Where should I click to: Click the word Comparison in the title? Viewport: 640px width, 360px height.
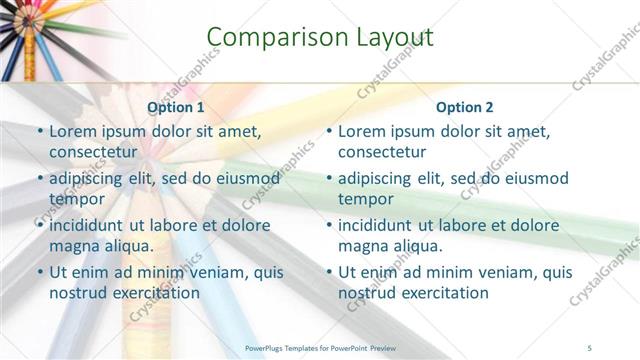[267, 38]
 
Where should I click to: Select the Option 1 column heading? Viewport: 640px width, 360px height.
[176, 107]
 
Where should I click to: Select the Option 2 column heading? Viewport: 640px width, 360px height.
[465, 107]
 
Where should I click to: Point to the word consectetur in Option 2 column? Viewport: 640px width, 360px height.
[382, 152]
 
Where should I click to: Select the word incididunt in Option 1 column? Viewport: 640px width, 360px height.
[91, 225]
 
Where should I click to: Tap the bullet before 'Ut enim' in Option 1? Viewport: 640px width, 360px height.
[39, 272]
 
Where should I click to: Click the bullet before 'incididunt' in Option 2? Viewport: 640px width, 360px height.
[329, 225]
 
